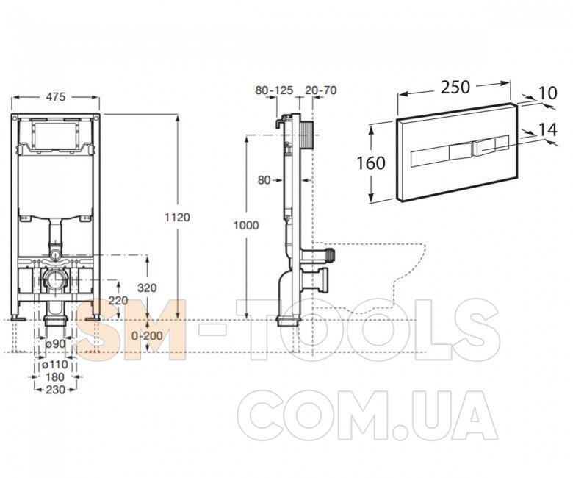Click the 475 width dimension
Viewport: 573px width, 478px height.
point(56,97)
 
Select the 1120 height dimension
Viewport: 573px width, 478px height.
point(177,217)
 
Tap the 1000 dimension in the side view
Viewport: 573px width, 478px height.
point(246,225)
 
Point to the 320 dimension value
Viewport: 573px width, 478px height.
point(147,288)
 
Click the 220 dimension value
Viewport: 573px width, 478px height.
point(118,301)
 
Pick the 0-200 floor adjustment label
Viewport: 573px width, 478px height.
point(147,336)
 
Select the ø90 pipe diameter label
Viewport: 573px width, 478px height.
point(56,344)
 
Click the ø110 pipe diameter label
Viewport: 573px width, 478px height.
point(55,365)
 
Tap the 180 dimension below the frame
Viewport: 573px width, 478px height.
point(55,377)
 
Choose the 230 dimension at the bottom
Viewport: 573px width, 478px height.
point(56,390)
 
